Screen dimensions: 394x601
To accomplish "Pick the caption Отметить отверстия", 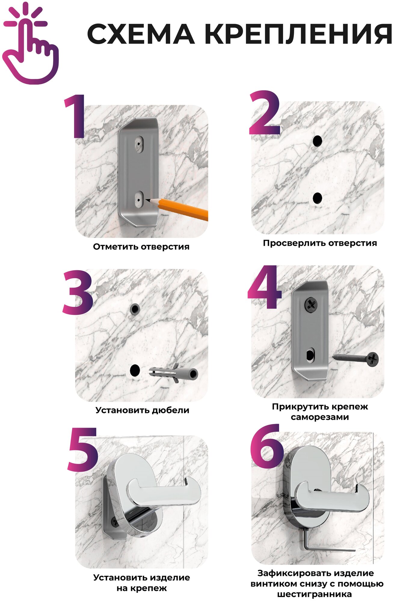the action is coord(141,247).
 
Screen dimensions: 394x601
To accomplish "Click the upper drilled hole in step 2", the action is coord(317,141).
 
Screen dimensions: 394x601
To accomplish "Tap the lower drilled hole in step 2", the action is coord(317,198).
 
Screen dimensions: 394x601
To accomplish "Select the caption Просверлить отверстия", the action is coord(320,243).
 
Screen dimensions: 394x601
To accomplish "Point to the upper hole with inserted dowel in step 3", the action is coord(135,309).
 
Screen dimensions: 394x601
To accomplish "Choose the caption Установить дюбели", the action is coord(142,410).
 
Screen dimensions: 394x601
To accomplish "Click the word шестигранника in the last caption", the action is coord(314,594).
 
